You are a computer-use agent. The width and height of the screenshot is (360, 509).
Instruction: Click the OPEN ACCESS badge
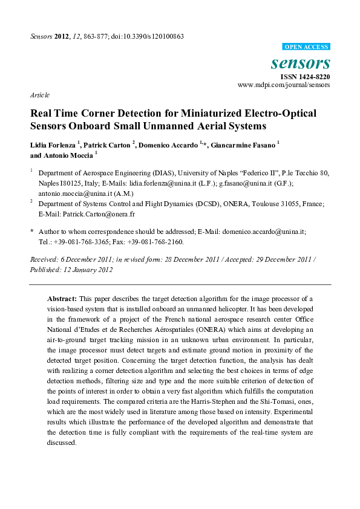click(306, 47)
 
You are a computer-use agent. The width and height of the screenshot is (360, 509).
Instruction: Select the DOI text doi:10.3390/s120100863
click(146, 36)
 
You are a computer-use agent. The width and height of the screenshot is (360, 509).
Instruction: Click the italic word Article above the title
click(39, 95)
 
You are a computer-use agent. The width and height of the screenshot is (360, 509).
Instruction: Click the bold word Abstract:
click(62, 299)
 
